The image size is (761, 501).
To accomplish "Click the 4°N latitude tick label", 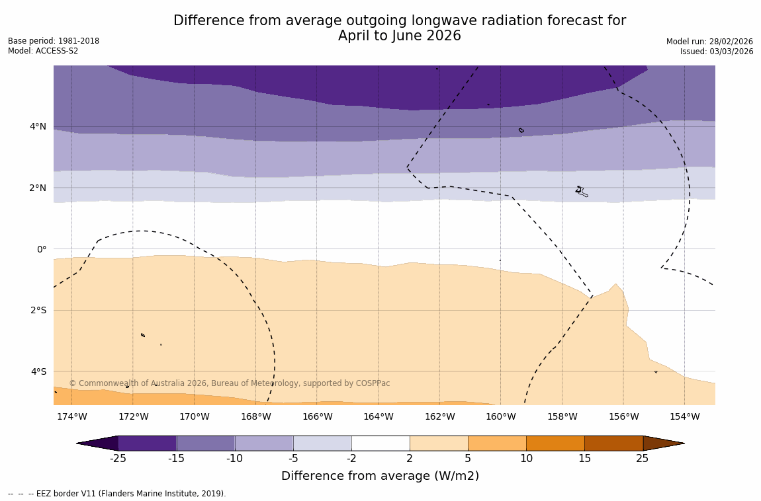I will coord(38,126).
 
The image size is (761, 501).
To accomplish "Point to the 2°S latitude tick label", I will coord(38,310).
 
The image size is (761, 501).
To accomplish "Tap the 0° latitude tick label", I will coord(42,249).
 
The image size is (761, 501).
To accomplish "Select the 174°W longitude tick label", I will coord(71,416).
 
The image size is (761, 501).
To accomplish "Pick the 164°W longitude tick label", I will coord(378,416).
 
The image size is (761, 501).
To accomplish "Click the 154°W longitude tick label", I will coord(684,416).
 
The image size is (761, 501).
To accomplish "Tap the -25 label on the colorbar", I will coord(118,459).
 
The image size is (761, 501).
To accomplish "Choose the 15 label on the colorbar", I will coord(584,459).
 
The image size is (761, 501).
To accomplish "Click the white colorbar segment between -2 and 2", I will coord(380,443).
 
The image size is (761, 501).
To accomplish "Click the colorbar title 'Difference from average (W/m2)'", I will coord(380,476).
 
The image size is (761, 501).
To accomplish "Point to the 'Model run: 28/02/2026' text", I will coord(709,41).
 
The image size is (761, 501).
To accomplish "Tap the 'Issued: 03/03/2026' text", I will coord(717,52).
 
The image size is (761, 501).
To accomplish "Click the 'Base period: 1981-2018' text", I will coord(54,41).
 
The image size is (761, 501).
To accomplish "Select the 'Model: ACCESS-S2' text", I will coord(43,52).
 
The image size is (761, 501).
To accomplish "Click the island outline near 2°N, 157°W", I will coord(580,191).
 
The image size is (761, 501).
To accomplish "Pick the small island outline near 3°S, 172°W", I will coord(142,335).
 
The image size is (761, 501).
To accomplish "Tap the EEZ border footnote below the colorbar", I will coord(117,494).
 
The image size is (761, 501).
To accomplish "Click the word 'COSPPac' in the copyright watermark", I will coord(374,383).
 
